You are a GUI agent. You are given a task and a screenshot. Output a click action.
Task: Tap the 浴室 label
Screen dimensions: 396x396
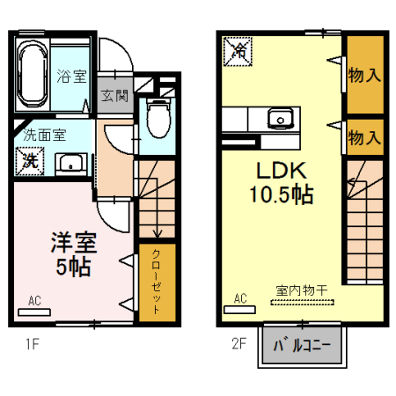pos(72,76)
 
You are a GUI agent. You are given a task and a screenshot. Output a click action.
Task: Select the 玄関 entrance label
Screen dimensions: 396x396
pos(114,96)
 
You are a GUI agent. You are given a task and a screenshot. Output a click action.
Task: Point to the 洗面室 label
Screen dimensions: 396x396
pos(44,136)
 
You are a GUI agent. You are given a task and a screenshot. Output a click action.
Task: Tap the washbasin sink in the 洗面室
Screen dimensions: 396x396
pos(70,163)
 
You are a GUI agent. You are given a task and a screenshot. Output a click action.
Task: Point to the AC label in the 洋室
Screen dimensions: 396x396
pos(34,300)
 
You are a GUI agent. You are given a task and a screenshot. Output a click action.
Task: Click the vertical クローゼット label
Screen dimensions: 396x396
pos(157,282)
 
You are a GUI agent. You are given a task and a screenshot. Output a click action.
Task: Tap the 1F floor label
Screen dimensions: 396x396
pos(30,343)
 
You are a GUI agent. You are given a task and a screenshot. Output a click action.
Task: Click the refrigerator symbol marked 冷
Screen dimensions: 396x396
pos(237,51)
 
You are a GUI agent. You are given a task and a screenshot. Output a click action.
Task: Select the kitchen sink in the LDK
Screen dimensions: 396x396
pos(281,118)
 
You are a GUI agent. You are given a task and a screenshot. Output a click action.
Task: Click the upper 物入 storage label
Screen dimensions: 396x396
pos(363,75)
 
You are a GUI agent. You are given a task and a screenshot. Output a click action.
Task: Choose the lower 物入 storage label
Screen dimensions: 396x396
pos(363,137)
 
